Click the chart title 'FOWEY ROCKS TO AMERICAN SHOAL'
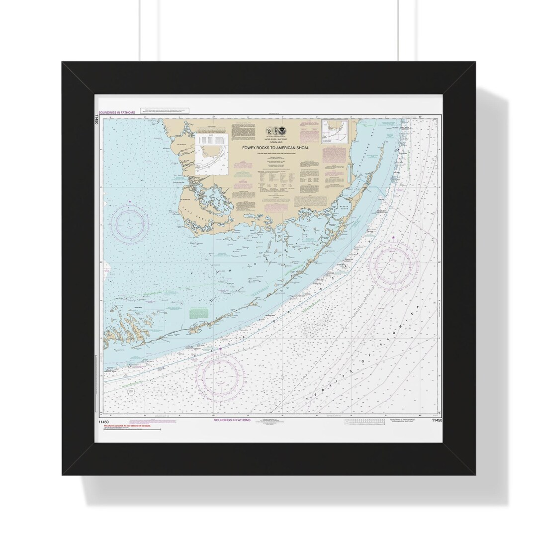click(275, 148)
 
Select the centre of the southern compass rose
click(220, 374)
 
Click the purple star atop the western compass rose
click(130, 202)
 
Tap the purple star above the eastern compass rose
click(393, 237)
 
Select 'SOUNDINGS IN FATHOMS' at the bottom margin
click(232, 420)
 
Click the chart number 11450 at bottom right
click(437, 421)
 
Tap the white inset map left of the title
click(212, 154)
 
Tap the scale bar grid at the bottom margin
click(365, 422)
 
